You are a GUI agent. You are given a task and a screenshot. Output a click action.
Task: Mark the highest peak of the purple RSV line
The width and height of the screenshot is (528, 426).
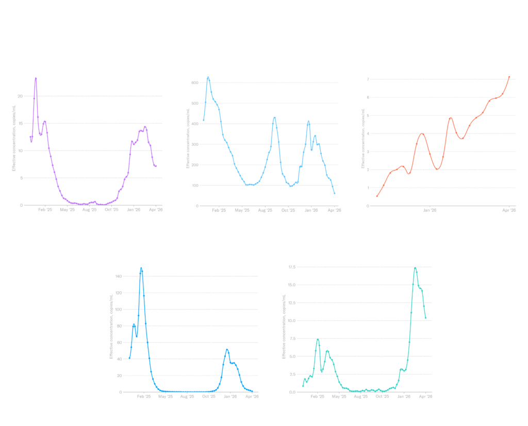pos(36,78)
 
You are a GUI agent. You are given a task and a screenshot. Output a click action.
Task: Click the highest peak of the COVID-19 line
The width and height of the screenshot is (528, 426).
pos(208,77)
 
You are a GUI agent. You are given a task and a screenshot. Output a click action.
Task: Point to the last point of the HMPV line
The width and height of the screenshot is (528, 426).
pos(509,77)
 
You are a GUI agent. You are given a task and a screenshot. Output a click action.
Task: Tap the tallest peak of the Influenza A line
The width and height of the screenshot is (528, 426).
pos(141,267)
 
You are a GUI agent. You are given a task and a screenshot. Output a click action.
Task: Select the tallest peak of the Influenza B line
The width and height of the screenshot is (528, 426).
pos(415,267)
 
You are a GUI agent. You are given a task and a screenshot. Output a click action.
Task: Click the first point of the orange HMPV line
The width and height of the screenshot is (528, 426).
pos(377,196)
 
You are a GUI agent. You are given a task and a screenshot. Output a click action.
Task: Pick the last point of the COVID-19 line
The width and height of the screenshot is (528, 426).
pos(335,194)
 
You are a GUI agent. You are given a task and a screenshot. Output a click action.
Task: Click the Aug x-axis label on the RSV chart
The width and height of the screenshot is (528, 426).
pos(90,210)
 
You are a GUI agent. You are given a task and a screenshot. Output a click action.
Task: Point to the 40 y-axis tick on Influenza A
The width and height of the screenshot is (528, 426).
pos(119,359)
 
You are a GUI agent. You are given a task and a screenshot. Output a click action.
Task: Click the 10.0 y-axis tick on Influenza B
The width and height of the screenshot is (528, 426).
pos(291,320)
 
